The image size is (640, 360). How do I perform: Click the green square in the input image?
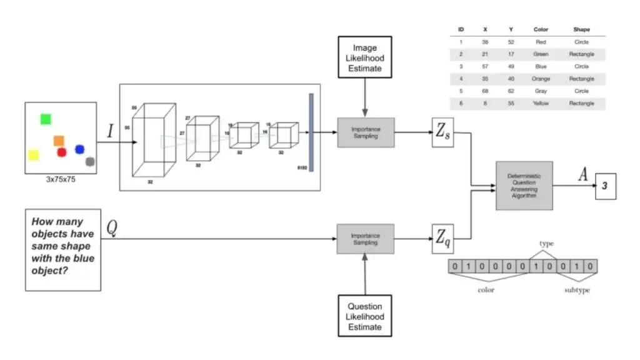click(x=46, y=119)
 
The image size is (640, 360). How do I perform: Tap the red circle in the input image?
click(x=61, y=152)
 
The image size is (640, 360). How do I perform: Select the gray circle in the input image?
click(x=90, y=162)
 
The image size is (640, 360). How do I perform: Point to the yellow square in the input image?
click(x=33, y=154)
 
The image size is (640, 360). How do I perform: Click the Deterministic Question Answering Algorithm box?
click(x=524, y=185)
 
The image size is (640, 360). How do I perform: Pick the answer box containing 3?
click(x=605, y=186)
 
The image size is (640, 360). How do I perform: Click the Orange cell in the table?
click(x=541, y=79)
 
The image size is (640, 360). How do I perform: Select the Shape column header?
click(x=581, y=29)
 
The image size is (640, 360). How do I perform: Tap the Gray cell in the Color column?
click(x=541, y=91)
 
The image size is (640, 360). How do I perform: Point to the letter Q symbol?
click(x=112, y=227)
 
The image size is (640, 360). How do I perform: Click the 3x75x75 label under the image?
click(x=61, y=179)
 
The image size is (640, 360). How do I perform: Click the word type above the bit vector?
click(x=547, y=244)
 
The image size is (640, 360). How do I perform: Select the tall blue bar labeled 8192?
click(x=311, y=131)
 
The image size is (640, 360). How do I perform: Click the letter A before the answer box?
click(x=582, y=175)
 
